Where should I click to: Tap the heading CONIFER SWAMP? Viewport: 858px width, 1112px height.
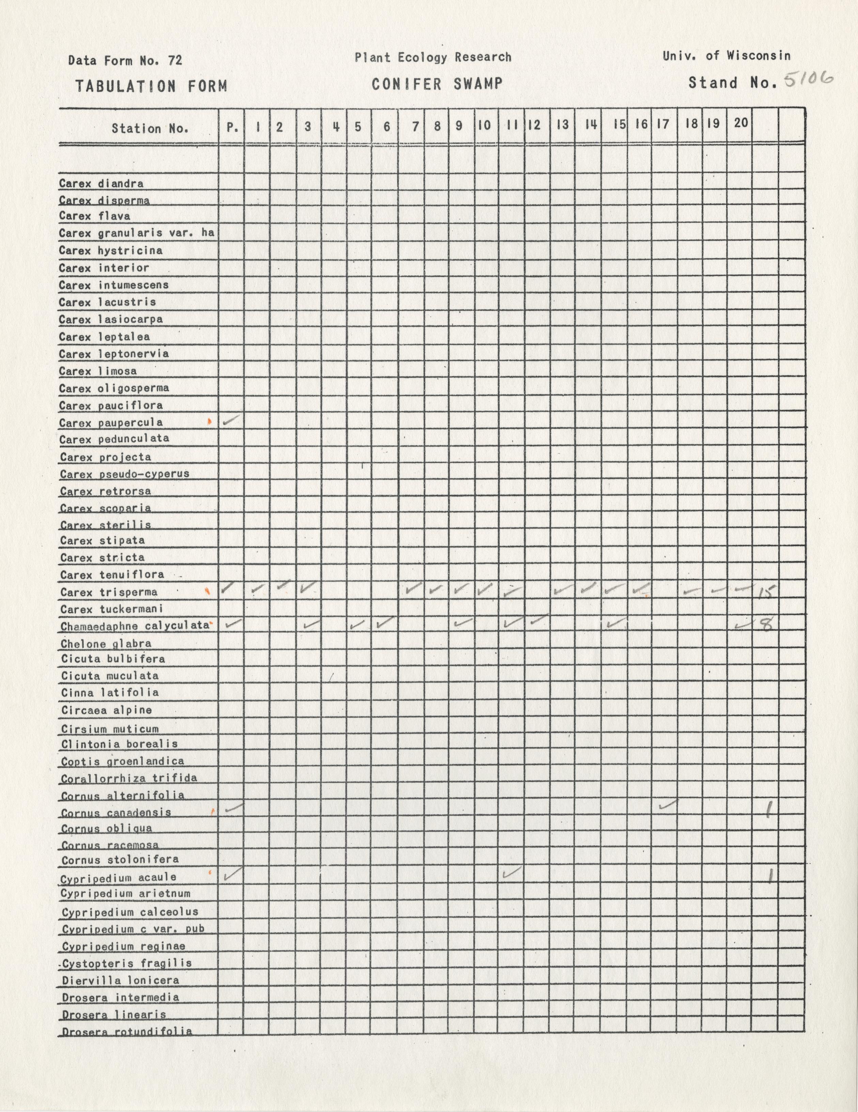(x=436, y=84)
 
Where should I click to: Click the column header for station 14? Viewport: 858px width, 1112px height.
(x=591, y=125)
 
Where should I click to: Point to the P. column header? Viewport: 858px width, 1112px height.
(x=232, y=127)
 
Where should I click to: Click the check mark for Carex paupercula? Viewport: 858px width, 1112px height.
(x=231, y=420)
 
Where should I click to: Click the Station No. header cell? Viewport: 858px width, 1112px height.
(x=150, y=128)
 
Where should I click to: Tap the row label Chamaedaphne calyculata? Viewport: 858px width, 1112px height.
(x=135, y=626)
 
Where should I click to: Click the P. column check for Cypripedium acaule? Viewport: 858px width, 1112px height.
(x=232, y=874)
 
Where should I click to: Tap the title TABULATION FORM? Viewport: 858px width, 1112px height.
(x=151, y=86)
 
